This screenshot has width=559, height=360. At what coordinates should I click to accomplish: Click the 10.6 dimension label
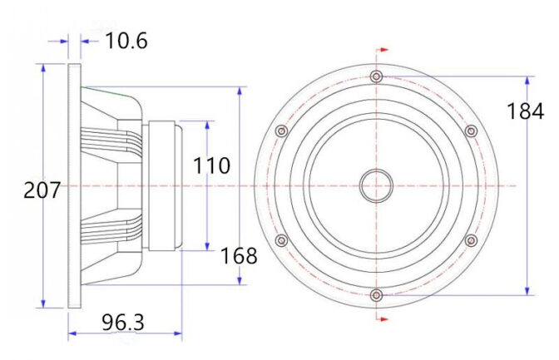point(126,40)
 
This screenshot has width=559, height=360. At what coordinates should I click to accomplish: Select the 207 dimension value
point(42,190)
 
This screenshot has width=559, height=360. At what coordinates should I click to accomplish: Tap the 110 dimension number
point(211,165)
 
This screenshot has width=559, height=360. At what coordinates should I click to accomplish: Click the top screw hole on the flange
point(377,76)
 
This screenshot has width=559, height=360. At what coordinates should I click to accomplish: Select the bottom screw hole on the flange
point(377,294)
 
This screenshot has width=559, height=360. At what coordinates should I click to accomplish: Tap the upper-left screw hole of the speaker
point(281,131)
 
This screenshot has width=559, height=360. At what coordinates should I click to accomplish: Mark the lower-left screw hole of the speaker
point(281,240)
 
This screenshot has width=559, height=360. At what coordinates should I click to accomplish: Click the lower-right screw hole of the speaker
point(471,240)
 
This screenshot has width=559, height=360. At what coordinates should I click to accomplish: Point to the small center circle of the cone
point(376,185)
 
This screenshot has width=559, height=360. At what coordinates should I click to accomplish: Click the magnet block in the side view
point(165,185)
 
